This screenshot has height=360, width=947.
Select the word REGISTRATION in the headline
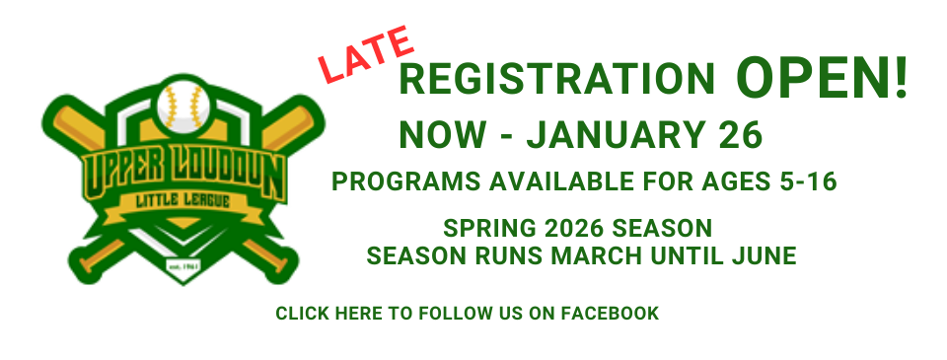[x=557, y=79]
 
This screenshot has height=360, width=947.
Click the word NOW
[x=441, y=135]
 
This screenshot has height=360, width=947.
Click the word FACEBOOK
[x=610, y=314]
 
